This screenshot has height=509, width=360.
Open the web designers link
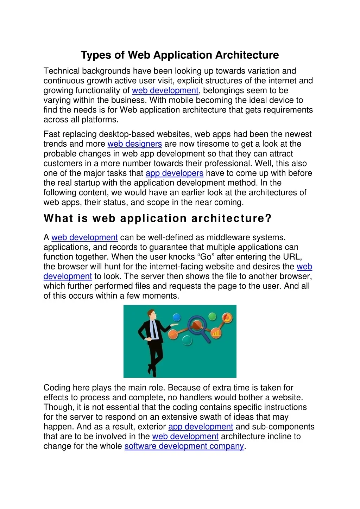pos(134,144)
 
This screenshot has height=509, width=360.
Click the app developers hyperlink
pos(174,173)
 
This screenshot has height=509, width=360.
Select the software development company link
pos(184,446)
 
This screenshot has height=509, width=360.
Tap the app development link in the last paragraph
pos(201,427)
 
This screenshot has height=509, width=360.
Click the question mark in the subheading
pos(269,218)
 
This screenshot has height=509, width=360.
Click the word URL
pos(292,257)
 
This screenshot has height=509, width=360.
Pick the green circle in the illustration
pos(212,316)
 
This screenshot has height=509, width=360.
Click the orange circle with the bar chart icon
pos(216,333)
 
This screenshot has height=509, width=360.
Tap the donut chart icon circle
pos(227,318)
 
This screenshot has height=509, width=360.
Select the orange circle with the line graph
pos(173,334)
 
